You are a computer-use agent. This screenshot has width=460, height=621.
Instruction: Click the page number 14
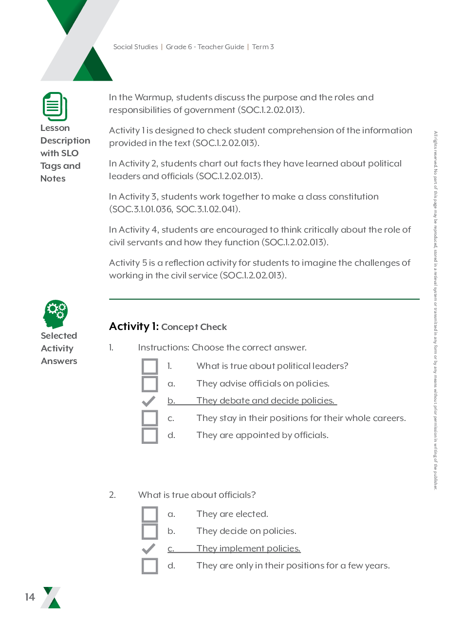pos(30,597)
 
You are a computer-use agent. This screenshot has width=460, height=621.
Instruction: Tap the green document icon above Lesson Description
pos(55,106)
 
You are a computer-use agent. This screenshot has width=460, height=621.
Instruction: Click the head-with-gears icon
pos(55,314)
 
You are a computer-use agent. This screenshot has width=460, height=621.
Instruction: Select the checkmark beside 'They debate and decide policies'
pos(148,401)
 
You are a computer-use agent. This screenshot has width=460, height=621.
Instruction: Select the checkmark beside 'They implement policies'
pos(148,549)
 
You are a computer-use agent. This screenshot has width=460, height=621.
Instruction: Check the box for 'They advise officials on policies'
pos(150,384)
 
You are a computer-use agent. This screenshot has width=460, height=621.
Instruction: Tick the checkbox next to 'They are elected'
pos(150,514)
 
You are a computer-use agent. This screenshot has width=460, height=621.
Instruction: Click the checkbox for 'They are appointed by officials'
pos(150,436)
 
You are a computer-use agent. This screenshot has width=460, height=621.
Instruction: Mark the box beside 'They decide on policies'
pos(150,531)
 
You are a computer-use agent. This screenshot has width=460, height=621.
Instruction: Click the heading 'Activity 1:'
pos(134,327)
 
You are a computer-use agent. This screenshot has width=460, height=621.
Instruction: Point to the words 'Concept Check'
pos(194,327)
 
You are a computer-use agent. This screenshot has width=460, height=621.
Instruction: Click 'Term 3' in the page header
pos(263,47)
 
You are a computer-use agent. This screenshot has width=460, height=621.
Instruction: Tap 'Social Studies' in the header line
pos(135,47)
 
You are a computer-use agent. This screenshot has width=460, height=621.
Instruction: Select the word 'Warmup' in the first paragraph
pos(151,97)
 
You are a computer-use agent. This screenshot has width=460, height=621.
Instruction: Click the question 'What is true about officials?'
pos(197,495)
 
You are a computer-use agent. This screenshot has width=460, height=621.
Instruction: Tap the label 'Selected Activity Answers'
pos(59,348)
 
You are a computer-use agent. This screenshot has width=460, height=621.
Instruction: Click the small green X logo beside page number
pos(51,598)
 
